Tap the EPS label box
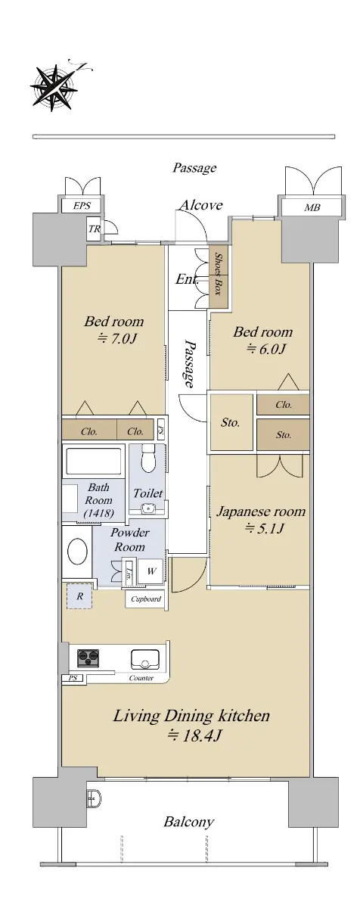pyautogui.click(x=82, y=206)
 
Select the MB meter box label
pyautogui.click(x=312, y=207)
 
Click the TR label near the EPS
pyautogui.click(x=94, y=229)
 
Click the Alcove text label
pyautogui.click(x=201, y=205)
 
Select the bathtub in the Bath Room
pyautogui.click(x=94, y=462)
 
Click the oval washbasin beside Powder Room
pyautogui.click(x=77, y=552)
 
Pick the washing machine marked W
pyautogui.click(x=151, y=571)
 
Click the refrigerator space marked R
pyautogui.click(x=79, y=596)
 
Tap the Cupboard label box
pyautogui.click(x=146, y=599)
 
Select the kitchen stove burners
pyautogui.click(x=88, y=658)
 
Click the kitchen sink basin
pyautogui.click(x=144, y=659)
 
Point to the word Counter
pyautogui.click(x=141, y=678)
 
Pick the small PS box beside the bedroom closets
pyautogui.click(x=161, y=430)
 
